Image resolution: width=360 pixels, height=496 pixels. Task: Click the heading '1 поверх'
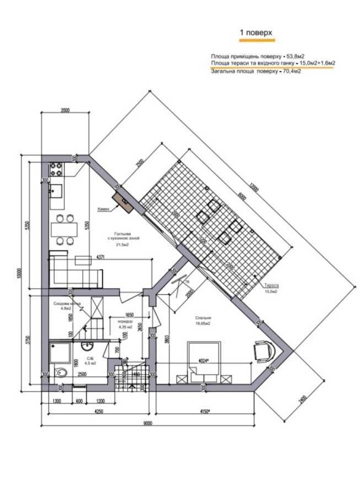click(x=255, y=34)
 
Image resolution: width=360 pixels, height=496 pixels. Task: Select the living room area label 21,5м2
click(x=122, y=245)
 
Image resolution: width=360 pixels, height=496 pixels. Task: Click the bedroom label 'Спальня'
click(x=203, y=318)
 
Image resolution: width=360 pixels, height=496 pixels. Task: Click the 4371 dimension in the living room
click(x=101, y=257)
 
